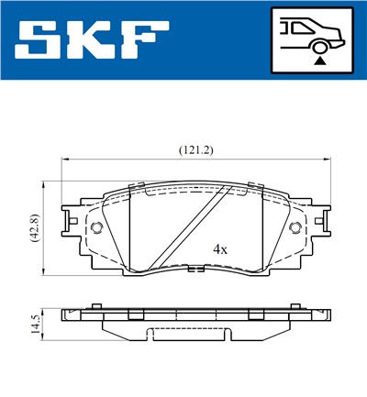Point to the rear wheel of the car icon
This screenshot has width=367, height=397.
coord(318,45)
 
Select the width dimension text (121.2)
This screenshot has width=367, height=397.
coord(195,149)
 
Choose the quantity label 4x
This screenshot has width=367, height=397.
coord(220,248)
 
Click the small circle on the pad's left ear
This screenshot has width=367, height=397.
coord(96,228)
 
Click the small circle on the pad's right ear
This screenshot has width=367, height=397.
coord(295,228)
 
